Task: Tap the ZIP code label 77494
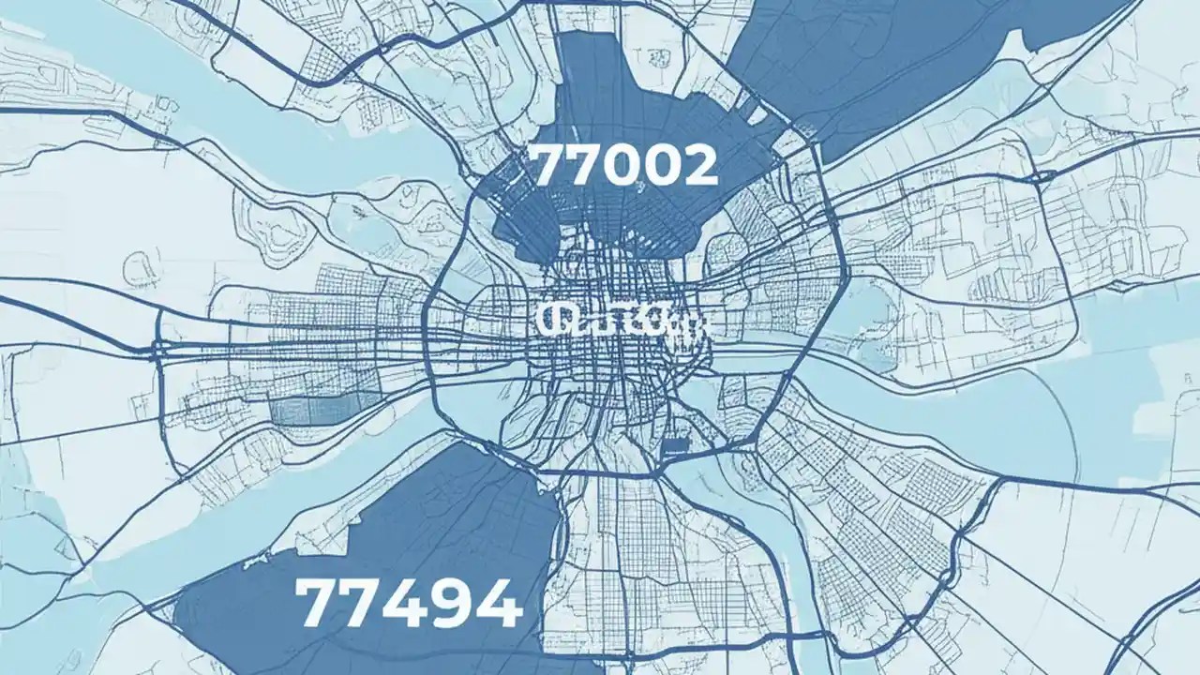pyautogui.click(x=408, y=603)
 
